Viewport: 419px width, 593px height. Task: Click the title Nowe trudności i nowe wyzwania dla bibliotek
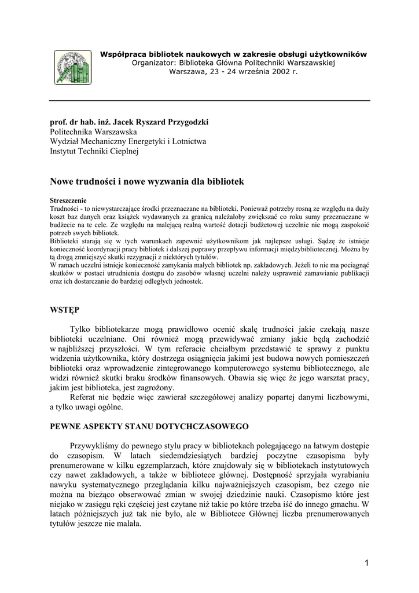click(148, 182)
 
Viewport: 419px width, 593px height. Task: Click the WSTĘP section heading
click(65, 310)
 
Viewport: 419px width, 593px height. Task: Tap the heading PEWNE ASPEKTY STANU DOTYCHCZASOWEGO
click(149, 426)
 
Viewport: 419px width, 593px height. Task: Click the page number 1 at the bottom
click(367, 562)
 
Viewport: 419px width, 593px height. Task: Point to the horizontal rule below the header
click(209, 101)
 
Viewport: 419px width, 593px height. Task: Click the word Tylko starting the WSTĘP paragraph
click(81, 329)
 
